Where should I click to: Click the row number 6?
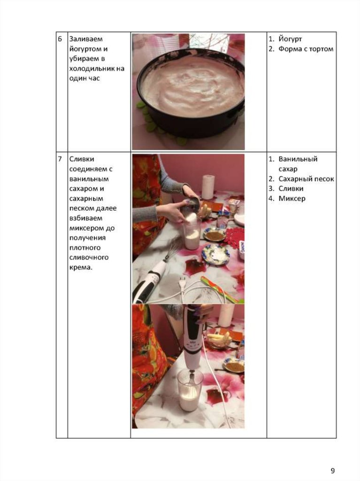[60, 39]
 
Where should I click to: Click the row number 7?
[60, 159]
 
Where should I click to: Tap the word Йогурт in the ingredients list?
[290, 39]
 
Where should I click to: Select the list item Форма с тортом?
[306, 49]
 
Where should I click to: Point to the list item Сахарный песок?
[306, 179]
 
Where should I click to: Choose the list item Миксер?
[292, 199]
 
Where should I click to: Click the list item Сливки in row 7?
[291, 189]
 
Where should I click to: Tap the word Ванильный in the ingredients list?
[298, 159]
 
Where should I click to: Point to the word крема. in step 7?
[81, 267]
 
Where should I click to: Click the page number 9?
[333, 470]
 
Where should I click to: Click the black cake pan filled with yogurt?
[190, 92]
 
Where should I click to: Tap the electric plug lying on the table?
[183, 283]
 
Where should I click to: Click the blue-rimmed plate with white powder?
[215, 254]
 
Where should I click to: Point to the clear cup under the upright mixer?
[190, 389]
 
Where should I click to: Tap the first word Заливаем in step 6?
[86, 39]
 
